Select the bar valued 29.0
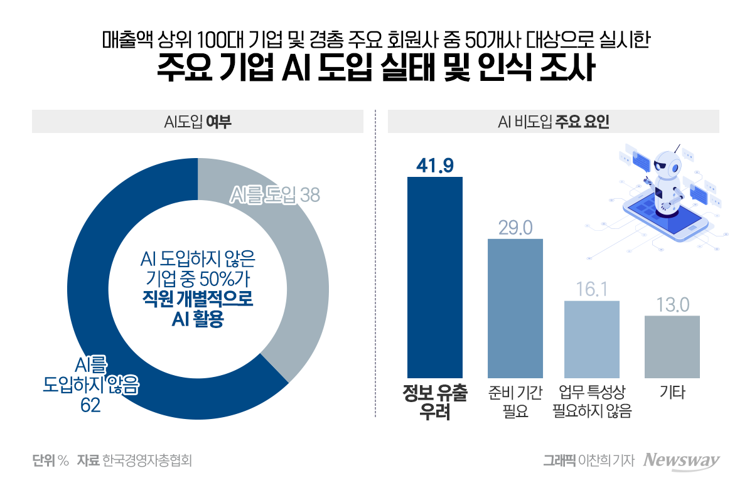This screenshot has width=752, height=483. (515, 308)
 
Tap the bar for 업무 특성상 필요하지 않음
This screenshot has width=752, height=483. (592, 339)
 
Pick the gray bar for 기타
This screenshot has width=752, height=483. (672, 346)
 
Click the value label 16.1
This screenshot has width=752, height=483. (592, 289)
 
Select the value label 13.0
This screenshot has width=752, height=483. (672, 305)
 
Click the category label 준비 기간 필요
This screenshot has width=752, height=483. (515, 402)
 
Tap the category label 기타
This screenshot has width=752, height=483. (672, 393)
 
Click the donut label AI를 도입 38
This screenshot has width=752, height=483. (274, 195)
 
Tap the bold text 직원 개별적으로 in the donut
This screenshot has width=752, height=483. (198, 299)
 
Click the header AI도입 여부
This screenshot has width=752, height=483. (198, 122)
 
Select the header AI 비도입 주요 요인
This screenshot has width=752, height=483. (553, 122)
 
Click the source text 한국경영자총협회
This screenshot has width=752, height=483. (147, 460)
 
